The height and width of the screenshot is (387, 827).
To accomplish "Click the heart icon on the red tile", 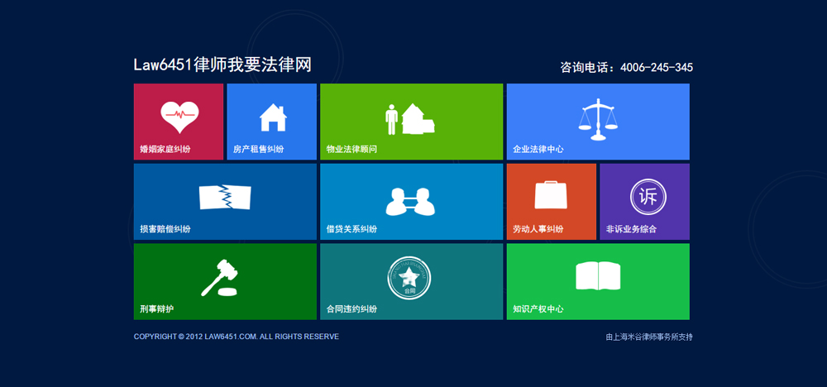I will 179,117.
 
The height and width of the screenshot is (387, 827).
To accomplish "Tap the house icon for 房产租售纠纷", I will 273,117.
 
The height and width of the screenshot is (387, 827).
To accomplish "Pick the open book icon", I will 598,276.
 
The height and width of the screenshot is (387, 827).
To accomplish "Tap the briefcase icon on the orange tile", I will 551,194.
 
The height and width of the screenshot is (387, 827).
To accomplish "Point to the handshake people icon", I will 411,201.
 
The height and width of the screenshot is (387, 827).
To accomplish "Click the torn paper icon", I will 225,198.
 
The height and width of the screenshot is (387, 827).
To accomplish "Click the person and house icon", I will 410,119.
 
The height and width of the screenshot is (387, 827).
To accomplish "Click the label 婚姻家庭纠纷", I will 165,150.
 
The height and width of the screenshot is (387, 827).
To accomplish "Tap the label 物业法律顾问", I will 351,150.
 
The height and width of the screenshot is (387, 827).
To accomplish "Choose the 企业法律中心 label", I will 538,150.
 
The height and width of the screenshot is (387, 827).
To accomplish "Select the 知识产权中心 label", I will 538,309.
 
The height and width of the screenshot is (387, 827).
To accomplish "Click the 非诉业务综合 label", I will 631,229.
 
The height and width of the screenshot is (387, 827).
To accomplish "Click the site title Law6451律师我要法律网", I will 222,65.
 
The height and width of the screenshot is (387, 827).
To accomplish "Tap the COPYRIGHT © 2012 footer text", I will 237,337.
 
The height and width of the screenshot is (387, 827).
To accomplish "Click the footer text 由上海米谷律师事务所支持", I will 649,337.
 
